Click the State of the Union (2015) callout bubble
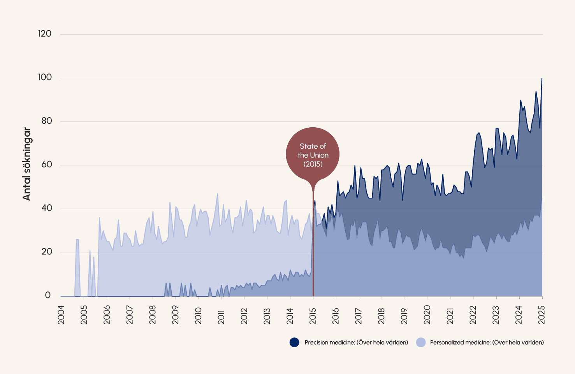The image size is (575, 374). point(313,155)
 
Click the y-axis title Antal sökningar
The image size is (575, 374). point(26,164)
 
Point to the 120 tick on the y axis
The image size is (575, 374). point(45,34)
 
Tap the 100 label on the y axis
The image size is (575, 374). point(45,77)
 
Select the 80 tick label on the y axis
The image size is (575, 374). point(47,121)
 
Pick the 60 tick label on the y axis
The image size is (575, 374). point(47,165)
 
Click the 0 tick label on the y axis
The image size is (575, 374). point(48,295)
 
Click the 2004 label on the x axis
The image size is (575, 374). point(61,315)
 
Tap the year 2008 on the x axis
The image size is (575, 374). point(153,315)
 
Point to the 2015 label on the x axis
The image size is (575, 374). point(313,315)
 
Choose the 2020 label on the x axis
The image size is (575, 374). point(427,315)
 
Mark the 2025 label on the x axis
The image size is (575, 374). point(542,315)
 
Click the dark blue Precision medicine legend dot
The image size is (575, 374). point(294,342)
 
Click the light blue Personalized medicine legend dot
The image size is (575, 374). point(421,342)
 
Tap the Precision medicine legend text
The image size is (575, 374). point(356,342)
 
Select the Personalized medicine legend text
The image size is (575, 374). point(487,342)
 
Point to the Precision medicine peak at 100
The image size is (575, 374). point(542,79)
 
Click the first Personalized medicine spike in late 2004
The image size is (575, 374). point(77,240)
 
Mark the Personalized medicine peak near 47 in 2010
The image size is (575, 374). point(218,194)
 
